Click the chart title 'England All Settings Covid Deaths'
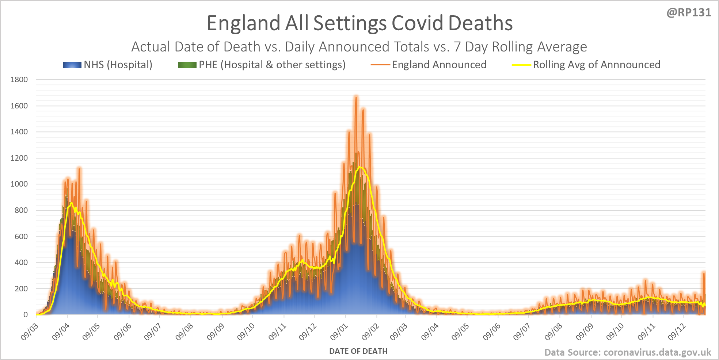(359, 23)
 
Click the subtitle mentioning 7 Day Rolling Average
(359, 47)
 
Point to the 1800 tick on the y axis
(19, 80)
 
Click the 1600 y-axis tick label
(19, 106)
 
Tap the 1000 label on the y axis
(19, 184)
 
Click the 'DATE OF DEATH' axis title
(358, 351)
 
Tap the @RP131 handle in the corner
(689, 13)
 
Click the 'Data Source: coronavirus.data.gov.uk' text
(627, 352)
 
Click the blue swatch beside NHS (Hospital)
(72, 65)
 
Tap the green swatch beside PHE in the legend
(187, 65)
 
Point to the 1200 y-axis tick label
(19, 158)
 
